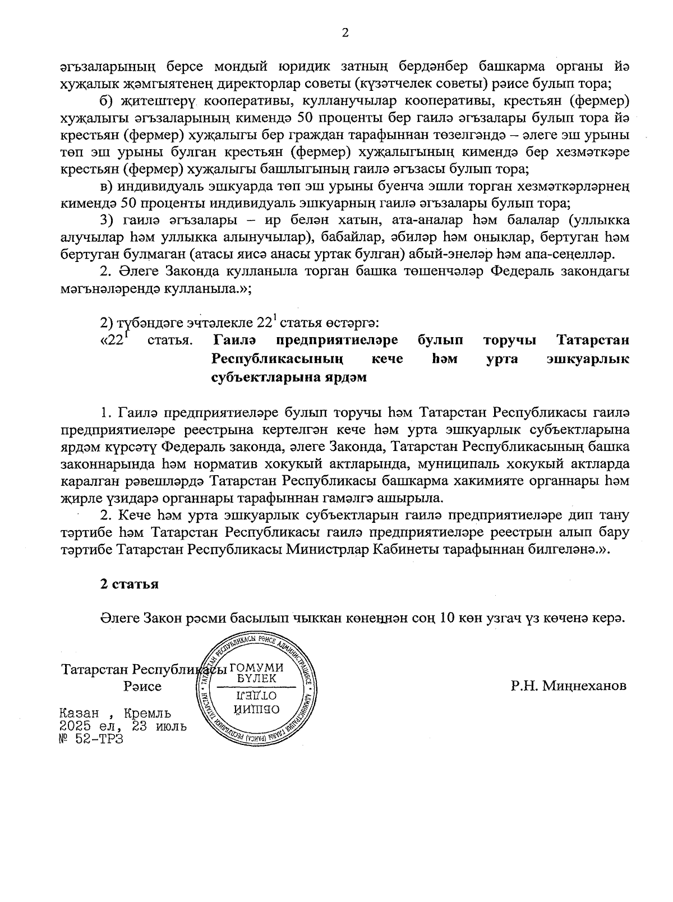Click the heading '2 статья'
(129, 584)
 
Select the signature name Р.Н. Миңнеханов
(568, 685)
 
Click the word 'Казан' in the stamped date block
(80, 714)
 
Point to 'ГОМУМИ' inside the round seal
(256, 668)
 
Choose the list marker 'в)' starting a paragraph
(107, 186)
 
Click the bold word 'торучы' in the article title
(509, 340)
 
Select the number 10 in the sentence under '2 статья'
(448, 618)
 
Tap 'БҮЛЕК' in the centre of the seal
(256, 678)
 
